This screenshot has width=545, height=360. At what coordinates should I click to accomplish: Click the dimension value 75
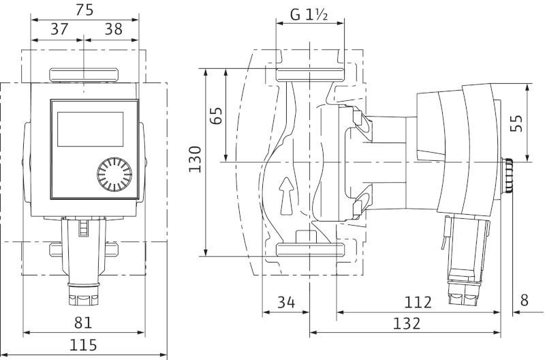[84, 10]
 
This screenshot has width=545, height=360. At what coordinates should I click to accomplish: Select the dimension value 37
[59, 29]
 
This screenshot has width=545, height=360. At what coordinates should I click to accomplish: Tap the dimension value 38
[114, 29]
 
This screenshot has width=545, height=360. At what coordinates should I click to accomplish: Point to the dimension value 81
[83, 322]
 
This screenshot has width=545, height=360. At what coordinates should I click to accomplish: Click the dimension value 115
[83, 345]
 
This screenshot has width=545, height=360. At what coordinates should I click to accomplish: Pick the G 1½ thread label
[309, 14]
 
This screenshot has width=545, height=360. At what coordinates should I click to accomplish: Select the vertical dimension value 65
[216, 115]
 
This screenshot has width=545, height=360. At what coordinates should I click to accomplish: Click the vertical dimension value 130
[195, 160]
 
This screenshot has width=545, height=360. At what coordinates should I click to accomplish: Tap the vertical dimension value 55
[516, 123]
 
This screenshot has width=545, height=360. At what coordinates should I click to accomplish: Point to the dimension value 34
[286, 302]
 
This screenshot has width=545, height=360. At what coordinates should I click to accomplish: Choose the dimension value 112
[418, 302]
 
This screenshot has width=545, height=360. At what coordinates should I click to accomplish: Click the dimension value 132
[406, 323]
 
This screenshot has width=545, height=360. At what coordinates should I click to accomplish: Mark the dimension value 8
[525, 300]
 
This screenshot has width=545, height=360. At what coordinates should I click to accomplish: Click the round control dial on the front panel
[114, 175]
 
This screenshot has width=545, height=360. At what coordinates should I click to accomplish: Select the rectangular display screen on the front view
[91, 129]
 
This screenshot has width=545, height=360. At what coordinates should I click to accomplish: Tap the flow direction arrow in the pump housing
[287, 196]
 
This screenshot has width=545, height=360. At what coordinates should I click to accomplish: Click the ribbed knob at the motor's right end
[507, 176]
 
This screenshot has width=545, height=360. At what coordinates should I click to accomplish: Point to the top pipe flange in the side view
[310, 75]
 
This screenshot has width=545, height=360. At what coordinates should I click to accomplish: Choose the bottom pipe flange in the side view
[310, 250]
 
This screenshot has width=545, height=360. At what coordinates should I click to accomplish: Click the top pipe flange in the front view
[84, 75]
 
